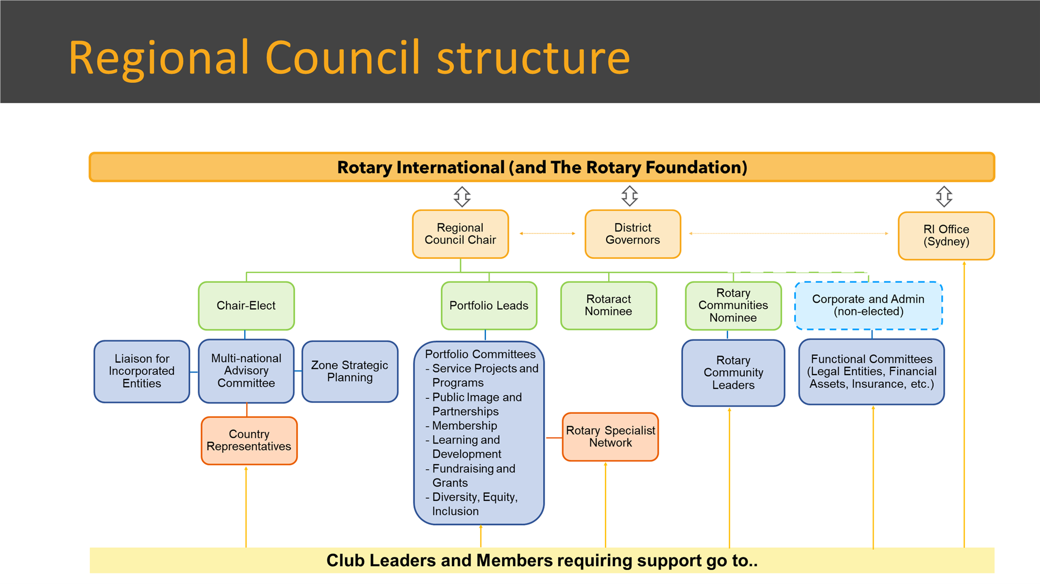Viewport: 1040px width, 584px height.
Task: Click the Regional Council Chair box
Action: click(x=461, y=234)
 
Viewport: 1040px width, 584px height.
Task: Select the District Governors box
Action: click(x=633, y=234)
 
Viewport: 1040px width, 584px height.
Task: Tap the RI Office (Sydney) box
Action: click(x=947, y=236)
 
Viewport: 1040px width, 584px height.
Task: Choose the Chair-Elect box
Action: click(x=246, y=306)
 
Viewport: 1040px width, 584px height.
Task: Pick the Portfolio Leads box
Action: click(x=489, y=306)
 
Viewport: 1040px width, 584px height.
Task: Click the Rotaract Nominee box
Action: click(x=609, y=306)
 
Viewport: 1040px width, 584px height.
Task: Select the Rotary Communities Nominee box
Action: click(x=733, y=306)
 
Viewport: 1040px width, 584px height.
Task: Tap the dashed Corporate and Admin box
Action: click(x=869, y=306)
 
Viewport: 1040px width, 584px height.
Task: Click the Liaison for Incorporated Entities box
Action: click(x=142, y=371)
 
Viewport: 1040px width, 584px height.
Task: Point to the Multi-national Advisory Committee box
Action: click(x=246, y=371)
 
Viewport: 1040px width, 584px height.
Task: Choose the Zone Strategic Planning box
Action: click(x=350, y=371)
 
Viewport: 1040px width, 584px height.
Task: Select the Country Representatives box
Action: click(x=249, y=441)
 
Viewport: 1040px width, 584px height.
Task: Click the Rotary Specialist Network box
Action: click(x=610, y=437)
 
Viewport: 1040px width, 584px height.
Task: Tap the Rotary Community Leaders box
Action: click(x=733, y=373)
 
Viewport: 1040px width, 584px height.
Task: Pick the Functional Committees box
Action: click(x=872, y=372)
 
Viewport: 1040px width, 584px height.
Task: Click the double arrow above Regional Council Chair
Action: click(x=462, y=196)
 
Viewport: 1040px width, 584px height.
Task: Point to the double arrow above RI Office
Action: click(x=944, y=196)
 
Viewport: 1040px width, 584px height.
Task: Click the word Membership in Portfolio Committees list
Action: click(x=464, y=426)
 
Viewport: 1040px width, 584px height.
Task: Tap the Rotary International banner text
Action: click(x=542, y=167)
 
